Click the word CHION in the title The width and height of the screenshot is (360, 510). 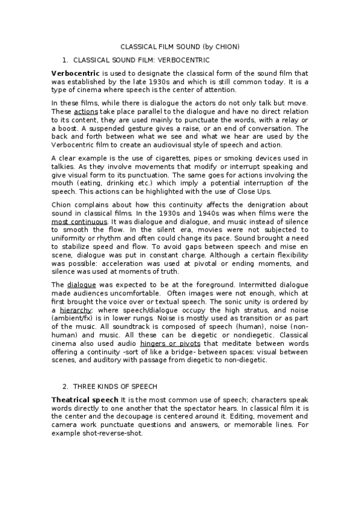click(x=227, y=46)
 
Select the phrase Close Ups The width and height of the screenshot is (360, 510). click(x=258, y=192)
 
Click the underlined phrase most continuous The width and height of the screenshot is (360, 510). click(x=78, y=221)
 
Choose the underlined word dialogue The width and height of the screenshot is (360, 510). click(x=81, y=284)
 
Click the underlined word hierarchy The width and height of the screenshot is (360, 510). click(x=76, y=310)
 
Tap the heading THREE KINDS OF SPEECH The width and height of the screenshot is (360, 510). click(x=115, y=386)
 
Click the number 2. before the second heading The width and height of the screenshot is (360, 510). click(x=66, y=386)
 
